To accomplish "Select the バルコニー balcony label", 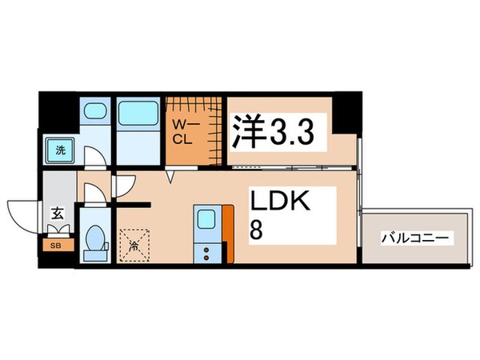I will click(x=417, y=238).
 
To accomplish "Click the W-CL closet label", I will click(x=182, y=130).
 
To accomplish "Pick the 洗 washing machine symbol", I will click(x=61, y=149).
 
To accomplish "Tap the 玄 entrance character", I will click(x=58, y=213).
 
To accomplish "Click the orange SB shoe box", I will click(x=57, y=245).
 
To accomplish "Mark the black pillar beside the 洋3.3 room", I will click(x=346, y=117).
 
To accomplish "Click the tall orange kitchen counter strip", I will click(x=228, y=233).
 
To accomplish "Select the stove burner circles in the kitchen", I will click(x=207, y=253).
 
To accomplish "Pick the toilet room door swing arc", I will click(x=93, y=194).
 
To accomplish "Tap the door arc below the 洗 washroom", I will click(x=96, y=160).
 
